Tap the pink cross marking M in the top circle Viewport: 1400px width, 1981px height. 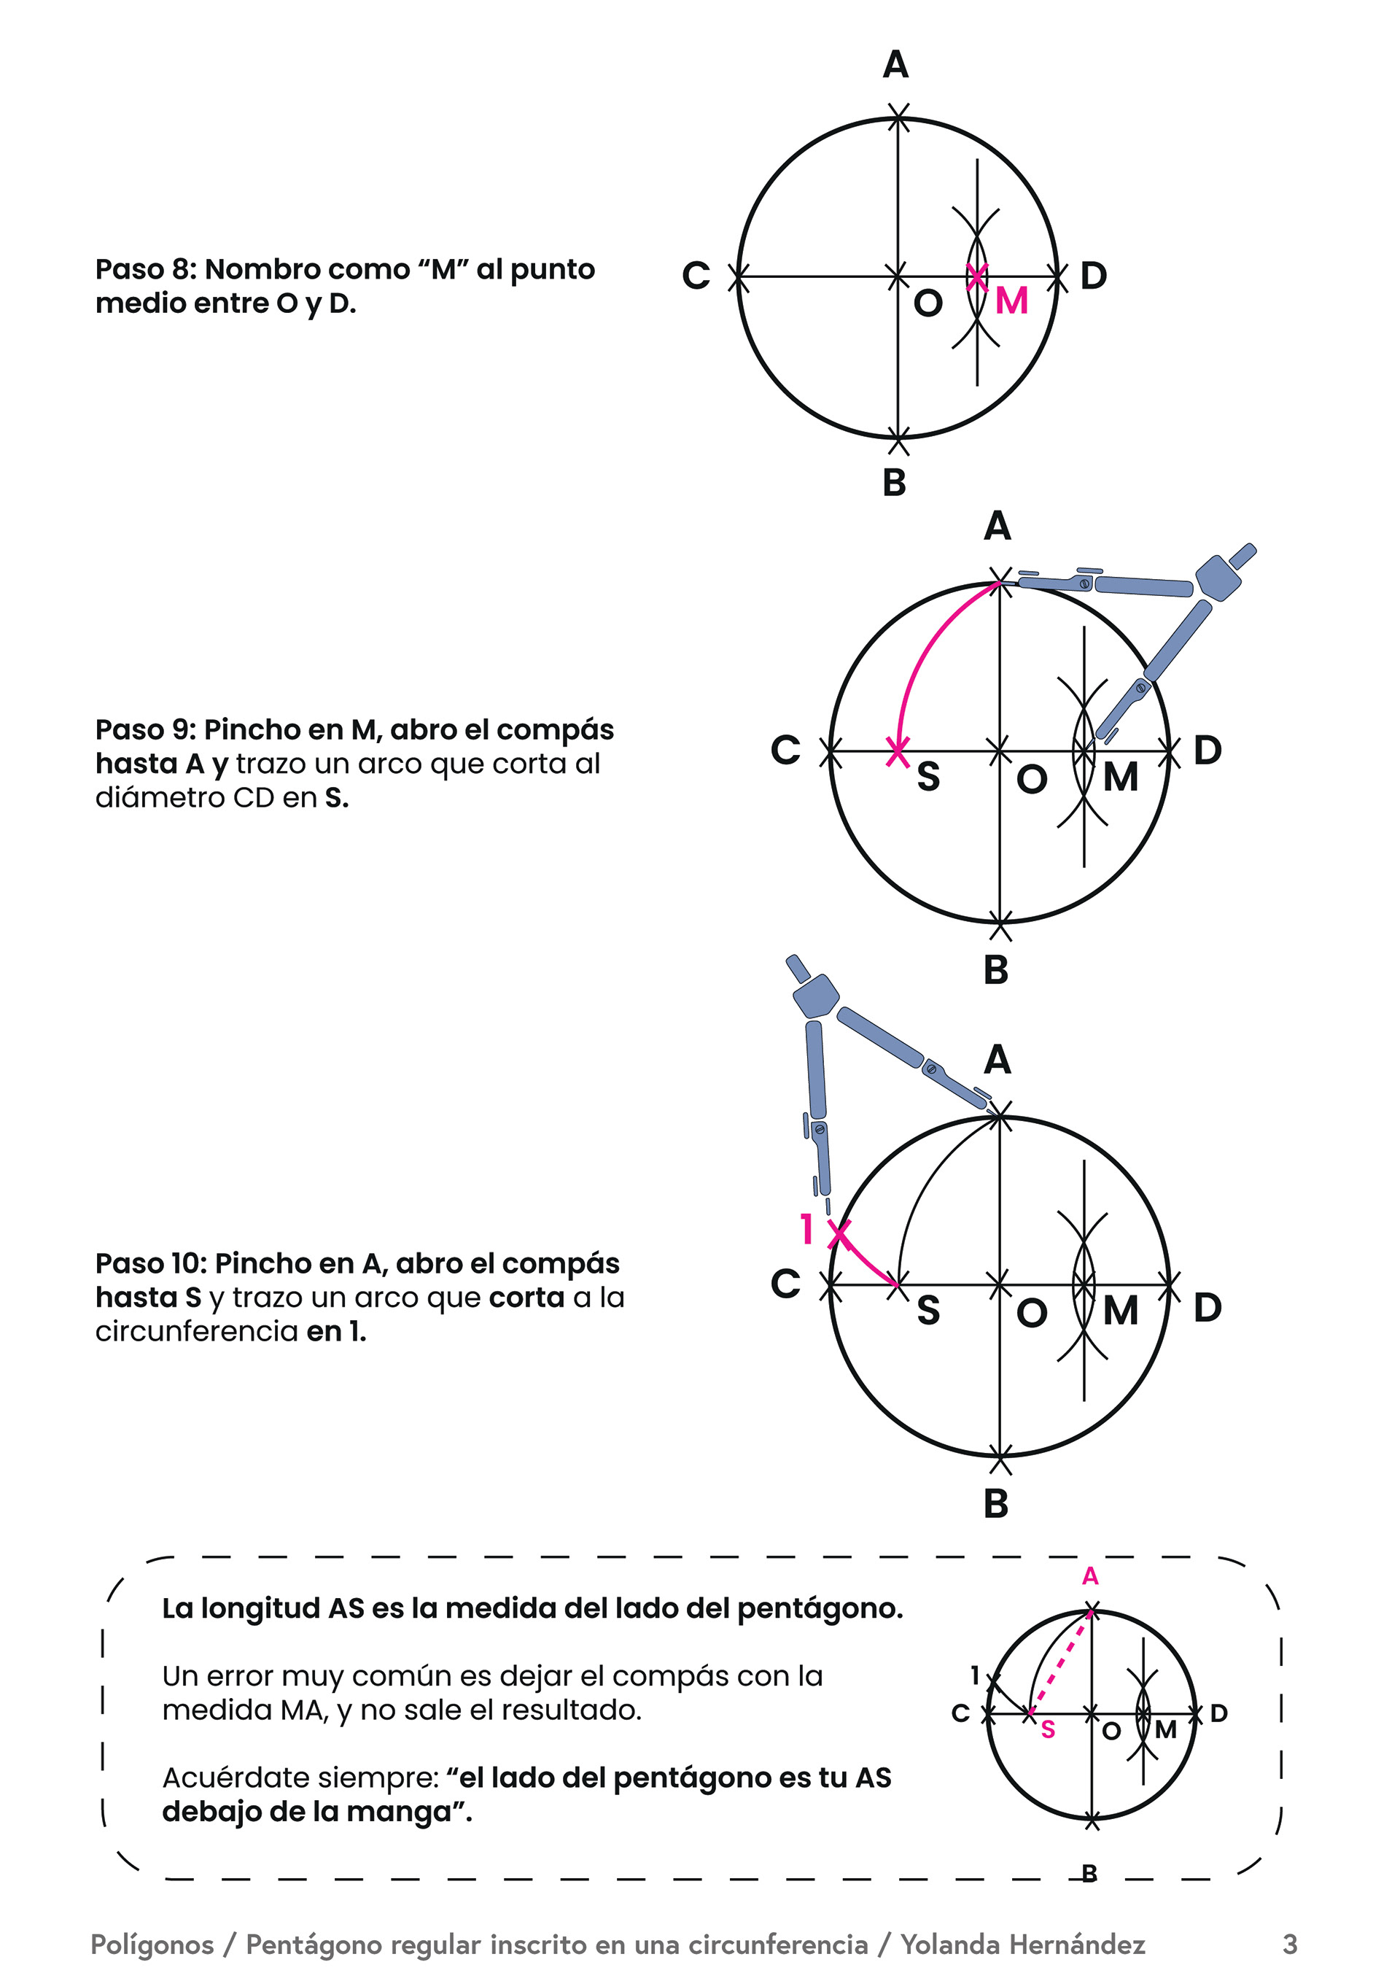tap(976, 277)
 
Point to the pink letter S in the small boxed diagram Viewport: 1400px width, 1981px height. tap(1048, 1729)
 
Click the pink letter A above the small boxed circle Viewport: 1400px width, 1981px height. tap(1090, 1576)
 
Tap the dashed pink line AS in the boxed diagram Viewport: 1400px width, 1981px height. tap(1061, 1661)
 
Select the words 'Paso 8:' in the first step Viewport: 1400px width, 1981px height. tap(146, 269)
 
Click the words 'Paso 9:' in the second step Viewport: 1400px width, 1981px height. tap(146, 730)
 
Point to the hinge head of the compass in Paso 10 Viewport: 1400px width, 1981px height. tap(815, 996)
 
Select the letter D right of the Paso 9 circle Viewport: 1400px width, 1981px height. tap(1207, 751)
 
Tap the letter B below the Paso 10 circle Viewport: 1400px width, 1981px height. tap(996, 1504)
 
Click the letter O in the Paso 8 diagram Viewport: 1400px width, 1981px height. tap(927, 303)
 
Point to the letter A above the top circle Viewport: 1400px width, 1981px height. tap(895, 65)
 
